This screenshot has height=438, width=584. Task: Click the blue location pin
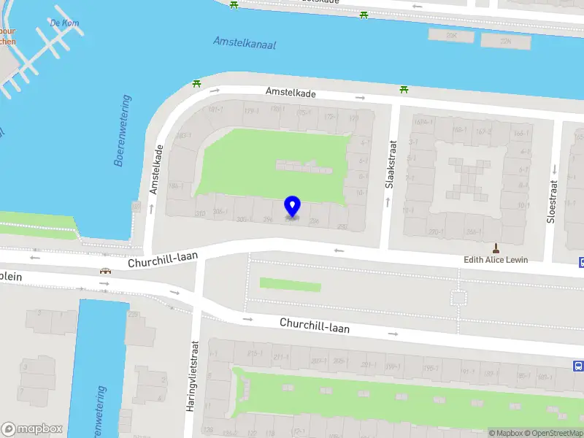[x=292, y=207]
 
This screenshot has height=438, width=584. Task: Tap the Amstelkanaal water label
[x=245, y=43]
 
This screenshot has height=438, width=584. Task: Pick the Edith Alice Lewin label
[x=496, y=260]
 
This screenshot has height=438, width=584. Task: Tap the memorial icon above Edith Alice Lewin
[x=496, y=247]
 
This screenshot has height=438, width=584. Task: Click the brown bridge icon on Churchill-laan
[x=106, y=272]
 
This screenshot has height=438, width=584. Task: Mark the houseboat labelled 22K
[x=506, y=42]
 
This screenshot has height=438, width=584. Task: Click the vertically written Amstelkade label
[x=154, y=169]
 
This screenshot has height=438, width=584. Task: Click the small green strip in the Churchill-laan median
[x=290, y=284]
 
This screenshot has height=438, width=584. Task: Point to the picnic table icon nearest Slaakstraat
[x=404, y=90]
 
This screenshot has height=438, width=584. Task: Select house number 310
[x=199, y=214]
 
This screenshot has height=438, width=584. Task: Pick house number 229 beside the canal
[x=134, y=315]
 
